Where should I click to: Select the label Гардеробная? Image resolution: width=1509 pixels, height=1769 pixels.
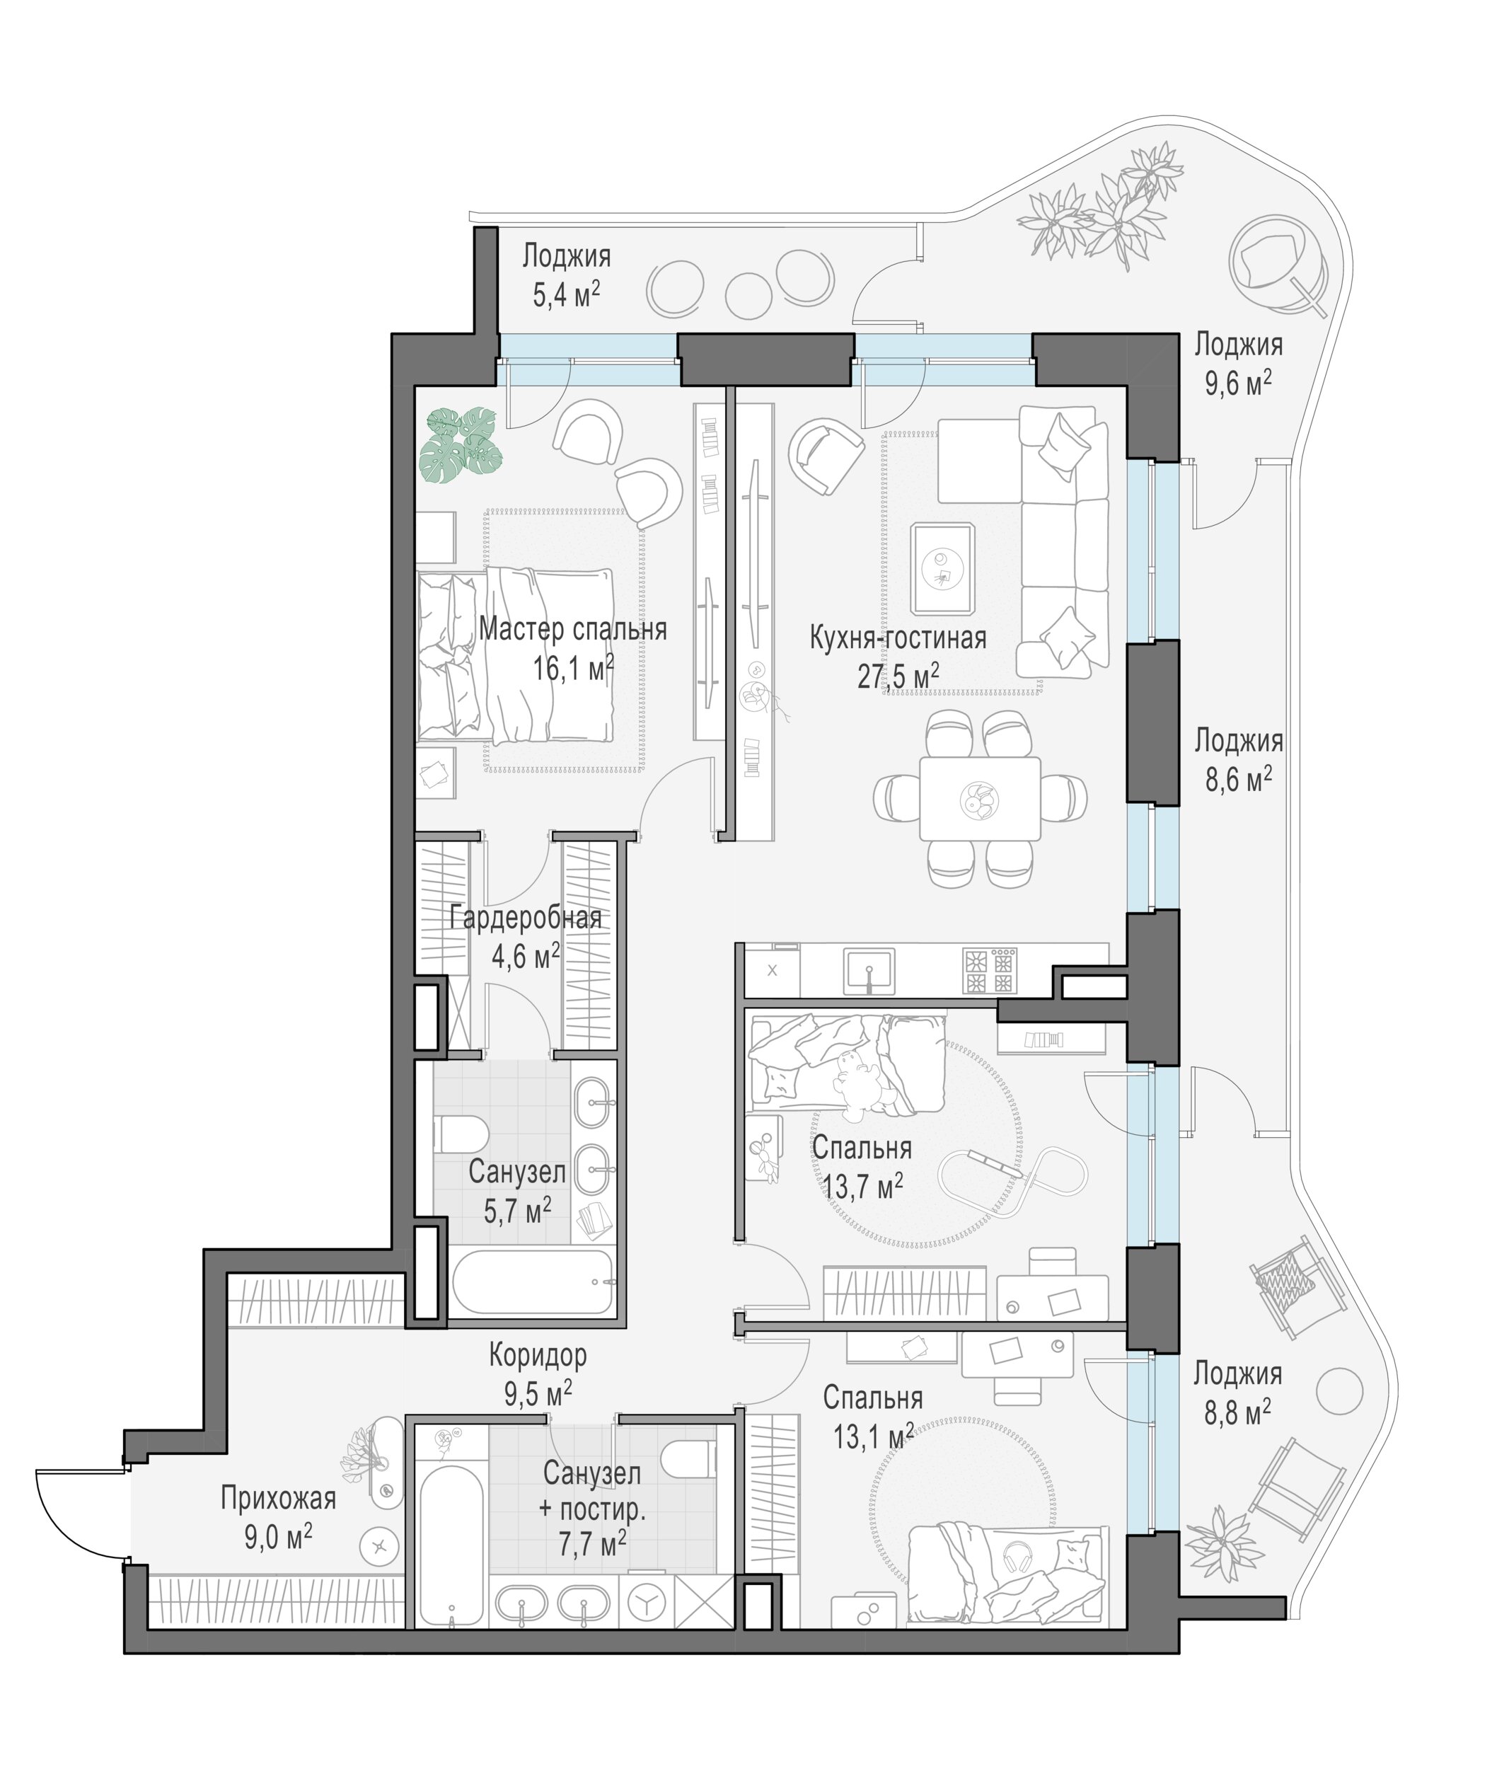coord(526,918)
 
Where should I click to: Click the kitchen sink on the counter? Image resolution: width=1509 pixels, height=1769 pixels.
coord(869,972)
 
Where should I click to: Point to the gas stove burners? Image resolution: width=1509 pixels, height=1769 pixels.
coord(990,972)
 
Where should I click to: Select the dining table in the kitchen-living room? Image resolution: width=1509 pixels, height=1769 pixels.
coord(980,798)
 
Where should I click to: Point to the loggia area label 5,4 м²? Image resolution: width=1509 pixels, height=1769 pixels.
coord(567,295)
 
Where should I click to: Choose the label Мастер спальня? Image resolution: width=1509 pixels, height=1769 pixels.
coord(573,630)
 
